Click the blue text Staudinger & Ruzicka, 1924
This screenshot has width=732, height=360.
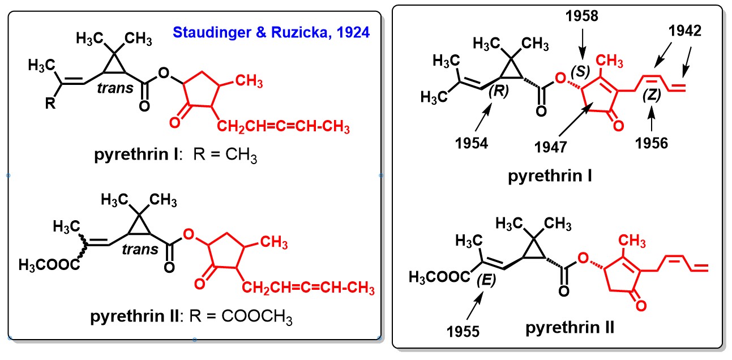271,33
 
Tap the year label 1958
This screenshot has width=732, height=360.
581,16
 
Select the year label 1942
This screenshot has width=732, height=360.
685,31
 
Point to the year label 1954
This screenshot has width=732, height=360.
471,143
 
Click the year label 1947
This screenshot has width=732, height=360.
550,147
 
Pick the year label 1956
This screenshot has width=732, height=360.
652,143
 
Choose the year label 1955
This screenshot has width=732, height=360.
463,332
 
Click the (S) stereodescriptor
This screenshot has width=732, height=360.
580,71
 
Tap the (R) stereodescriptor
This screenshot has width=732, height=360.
499,91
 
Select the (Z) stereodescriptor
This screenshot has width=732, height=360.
652,95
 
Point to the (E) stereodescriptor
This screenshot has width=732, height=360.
486,280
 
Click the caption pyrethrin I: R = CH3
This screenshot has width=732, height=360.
176,155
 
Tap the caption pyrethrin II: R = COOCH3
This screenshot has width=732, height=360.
191,316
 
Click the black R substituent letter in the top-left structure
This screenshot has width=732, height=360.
50,104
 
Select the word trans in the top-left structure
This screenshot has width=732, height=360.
115,88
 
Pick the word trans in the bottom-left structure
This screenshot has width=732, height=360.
140,250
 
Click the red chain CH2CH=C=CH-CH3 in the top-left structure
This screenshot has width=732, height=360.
283,127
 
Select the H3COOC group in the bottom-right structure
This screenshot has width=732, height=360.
439,277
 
